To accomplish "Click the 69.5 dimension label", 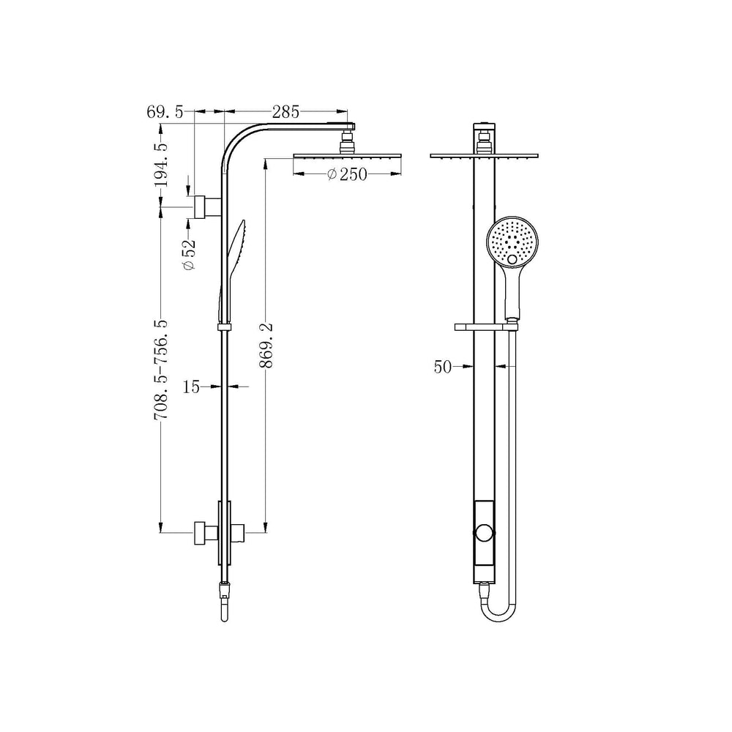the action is click(165, 112).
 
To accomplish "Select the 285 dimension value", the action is click(285, 112).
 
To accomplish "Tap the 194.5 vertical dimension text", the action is click(162, 165).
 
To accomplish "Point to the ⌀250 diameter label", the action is click(347, 175).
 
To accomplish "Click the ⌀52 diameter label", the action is click(189, 255).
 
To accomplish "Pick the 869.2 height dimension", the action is click(267, 345).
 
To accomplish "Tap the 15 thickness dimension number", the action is click(191, 387).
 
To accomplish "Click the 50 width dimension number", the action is click(443, 367).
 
